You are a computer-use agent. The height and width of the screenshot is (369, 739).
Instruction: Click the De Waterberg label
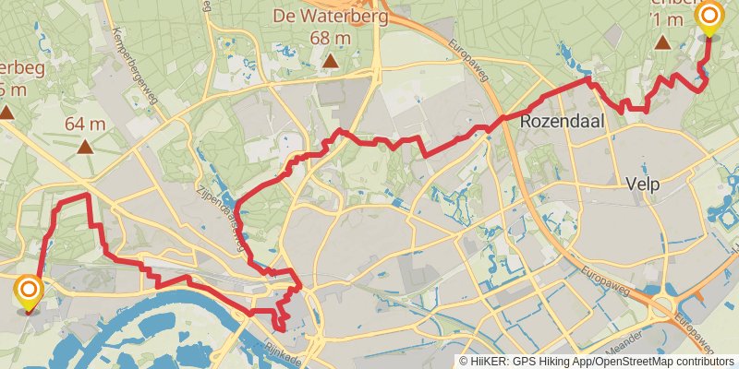(x=330, y=16)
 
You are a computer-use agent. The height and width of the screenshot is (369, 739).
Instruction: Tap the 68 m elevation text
(x=330, y=38)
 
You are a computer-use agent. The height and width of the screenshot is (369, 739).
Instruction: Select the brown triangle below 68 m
(x=330, y=61)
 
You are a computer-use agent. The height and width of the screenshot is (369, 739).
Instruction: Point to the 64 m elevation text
(x=85, y=124)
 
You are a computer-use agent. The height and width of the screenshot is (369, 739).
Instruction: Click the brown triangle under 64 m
(x=85, y=146)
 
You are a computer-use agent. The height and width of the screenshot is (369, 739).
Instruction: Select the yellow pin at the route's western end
(x=30, y=293)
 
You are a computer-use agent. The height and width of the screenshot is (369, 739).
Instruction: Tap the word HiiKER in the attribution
(x=491, y=362)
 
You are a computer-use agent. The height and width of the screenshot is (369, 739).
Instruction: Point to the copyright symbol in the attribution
(x=464, y=362)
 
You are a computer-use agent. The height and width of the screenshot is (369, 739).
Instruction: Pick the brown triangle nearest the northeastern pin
(x=662, y=42)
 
